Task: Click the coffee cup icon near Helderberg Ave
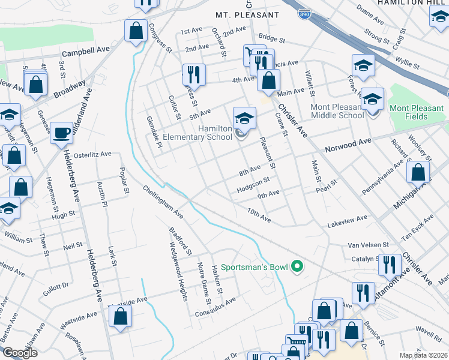pyautogui.click(x=61, y=133)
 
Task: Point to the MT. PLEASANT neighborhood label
pyautogui.click(x=248, y=14)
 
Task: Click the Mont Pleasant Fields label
pyautogui.click(x=417, y=112)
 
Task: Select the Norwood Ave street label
pyautogui.click(x=348, y=144)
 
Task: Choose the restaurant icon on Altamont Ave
pyautogui.click(x=390, y=264)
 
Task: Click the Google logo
pyautogui.click(x=20, y=353)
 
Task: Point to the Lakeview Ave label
pyautogui.click(x=347, y=221)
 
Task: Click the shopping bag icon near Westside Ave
pyautogui.click(x=120, y=317)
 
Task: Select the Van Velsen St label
pyautogui.click(x=369, y=245)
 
